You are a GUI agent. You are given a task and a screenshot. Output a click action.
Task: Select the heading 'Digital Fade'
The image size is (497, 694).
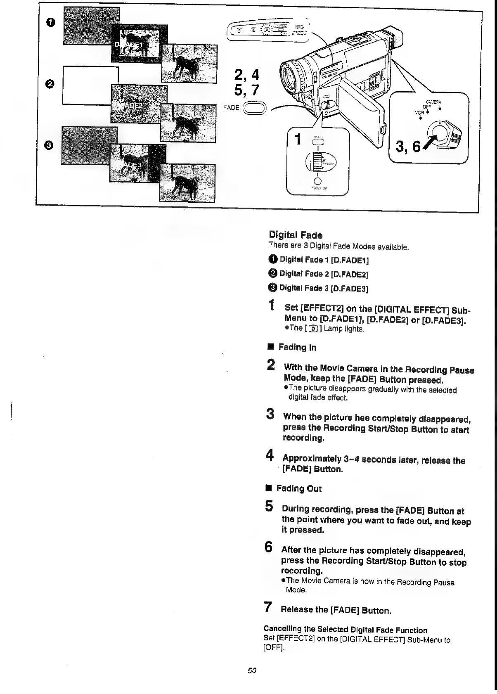pos(295,235)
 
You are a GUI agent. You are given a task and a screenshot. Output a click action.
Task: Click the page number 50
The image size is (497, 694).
pos(252,670)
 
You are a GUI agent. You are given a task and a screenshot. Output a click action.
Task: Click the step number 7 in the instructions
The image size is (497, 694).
pos(268,607)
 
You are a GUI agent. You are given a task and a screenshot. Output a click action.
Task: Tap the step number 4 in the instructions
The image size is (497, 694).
pos(270,456)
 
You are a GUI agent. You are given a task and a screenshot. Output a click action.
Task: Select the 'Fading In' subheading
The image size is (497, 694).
pos(297,348)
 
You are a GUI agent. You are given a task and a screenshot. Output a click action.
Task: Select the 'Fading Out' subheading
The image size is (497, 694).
pos(298,489)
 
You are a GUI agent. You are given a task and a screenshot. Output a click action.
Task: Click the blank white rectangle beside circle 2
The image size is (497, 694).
pos(90,85)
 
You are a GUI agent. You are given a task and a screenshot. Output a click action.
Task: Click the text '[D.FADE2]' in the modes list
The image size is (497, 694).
pos(352,274)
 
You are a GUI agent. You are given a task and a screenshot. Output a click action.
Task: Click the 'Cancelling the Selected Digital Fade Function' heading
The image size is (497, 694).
pos(345,630)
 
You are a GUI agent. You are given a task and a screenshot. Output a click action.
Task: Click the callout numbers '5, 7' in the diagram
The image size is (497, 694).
pos(246,90)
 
